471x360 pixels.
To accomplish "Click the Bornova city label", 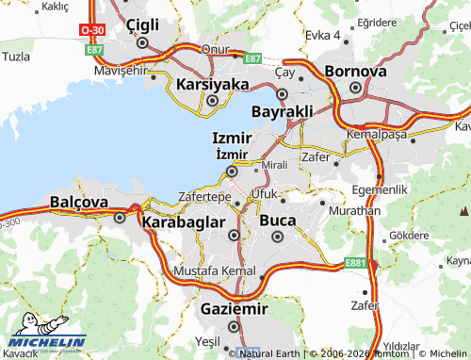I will click(355, 71).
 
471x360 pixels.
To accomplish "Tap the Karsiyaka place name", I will click(212, 84).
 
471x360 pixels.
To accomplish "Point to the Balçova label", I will click(79, 202).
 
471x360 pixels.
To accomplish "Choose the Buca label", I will click(277, 221).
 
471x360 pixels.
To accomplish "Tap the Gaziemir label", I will click(235, 308).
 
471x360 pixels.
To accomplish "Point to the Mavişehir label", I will click(123, 71).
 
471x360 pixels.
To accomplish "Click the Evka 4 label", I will click(322, 35).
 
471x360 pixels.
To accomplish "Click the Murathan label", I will click(357, 211).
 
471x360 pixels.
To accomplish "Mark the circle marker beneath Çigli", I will click(142, 42).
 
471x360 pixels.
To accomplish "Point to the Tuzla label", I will click(16, 57).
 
